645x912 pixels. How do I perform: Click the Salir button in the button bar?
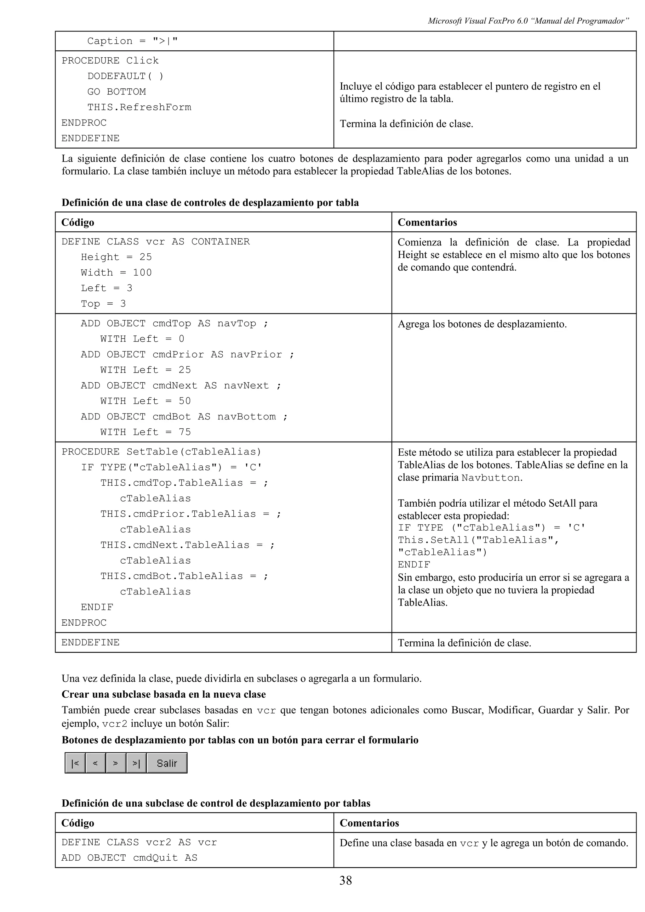click(x=167, y=763)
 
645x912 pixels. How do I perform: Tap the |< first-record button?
click(x=75, y=763)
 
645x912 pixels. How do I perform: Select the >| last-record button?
click(x=136, y=763)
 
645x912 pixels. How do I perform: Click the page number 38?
click(x=345, y=880)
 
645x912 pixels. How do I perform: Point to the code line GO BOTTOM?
click(x=117, y=92)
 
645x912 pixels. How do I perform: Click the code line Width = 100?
click(x=116, y=273)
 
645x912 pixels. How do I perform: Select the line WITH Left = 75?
click(x=145, y=432)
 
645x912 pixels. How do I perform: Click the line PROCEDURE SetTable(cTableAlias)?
click(x=161, y=452)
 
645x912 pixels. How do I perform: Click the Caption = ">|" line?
click(x=132, y=41)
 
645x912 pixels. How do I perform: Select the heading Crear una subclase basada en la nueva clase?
click(x=163, y=694)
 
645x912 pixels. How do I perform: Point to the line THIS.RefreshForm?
click(x=139, y=107)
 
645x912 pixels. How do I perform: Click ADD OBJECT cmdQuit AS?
click(x=129, y=858)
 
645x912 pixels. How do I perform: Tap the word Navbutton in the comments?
click(x=490, y=477)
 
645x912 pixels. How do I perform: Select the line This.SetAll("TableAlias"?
click(x=478, y=540)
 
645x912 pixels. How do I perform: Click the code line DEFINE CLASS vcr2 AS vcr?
click(x=139, y=842)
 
